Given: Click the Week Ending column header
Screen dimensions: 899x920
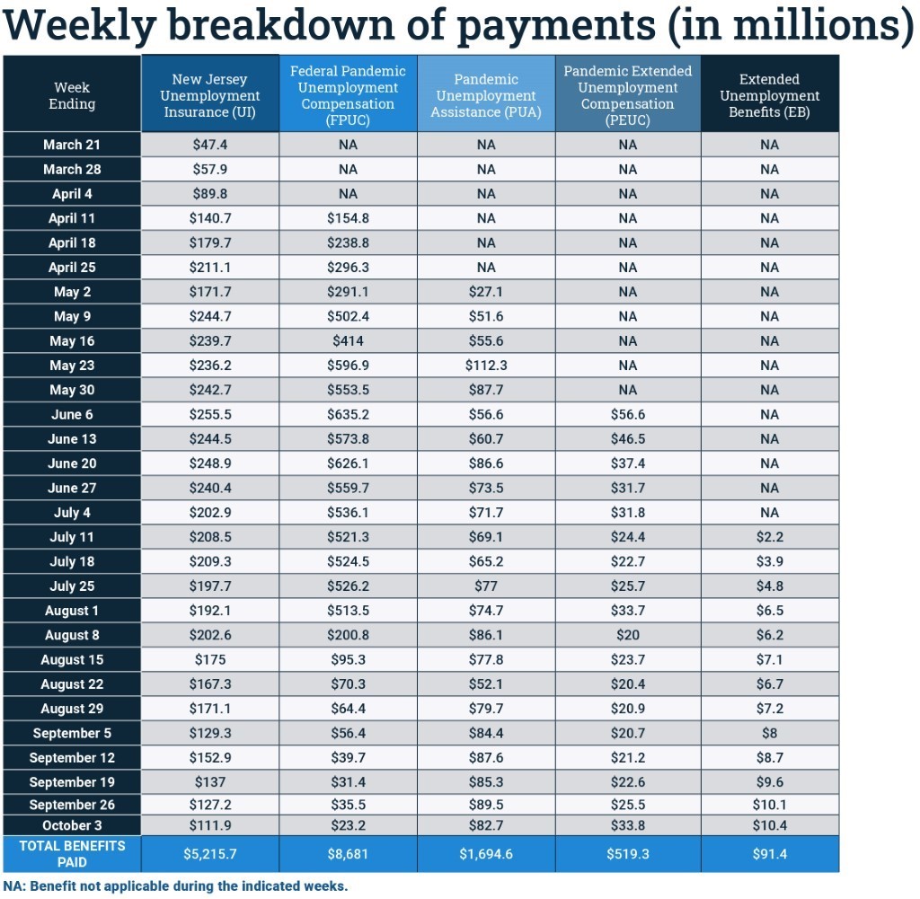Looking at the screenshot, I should tap(72, 95).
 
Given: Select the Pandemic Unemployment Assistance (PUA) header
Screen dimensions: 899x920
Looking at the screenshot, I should tap(486, 95).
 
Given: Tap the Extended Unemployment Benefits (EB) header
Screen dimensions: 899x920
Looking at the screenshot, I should tap(769, 95).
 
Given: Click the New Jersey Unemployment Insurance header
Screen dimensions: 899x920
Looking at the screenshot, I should tap(209, 95).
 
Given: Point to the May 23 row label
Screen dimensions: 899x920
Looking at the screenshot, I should tap(72, 366).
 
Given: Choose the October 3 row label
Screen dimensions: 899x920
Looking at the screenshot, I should tap(72, 825).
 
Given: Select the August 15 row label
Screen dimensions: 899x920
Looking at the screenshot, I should tap(72, 659).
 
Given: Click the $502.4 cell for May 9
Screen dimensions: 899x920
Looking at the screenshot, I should tap(348, 316).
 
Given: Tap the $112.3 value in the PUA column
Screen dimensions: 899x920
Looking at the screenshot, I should tap(486, 366).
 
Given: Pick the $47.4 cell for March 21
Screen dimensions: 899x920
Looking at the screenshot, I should tap(209, 145).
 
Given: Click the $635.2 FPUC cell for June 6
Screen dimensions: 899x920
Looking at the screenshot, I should tap(348, 415).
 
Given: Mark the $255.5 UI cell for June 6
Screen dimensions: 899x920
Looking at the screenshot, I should tap(209, 415).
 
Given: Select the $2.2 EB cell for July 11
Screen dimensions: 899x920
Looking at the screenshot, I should tap(769, 537).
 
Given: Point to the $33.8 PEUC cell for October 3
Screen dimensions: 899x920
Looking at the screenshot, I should tap(627, 825).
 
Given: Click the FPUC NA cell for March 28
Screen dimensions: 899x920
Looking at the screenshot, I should tap(348, 169).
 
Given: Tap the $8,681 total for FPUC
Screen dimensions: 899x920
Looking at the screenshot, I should tap(348, 854).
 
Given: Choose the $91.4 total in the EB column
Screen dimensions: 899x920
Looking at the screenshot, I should tap(769, 854).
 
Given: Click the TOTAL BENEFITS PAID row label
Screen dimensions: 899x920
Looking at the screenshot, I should tap(72, 854).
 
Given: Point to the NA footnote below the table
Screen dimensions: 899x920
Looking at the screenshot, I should tap(175, 886).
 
